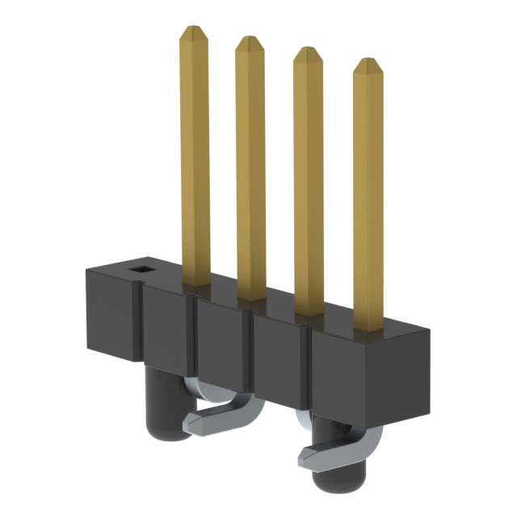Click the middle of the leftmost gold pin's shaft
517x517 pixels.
tap(195, 153)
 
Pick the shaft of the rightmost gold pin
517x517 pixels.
tap(368, 194)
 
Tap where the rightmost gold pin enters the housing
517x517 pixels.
tap(368, 327)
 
